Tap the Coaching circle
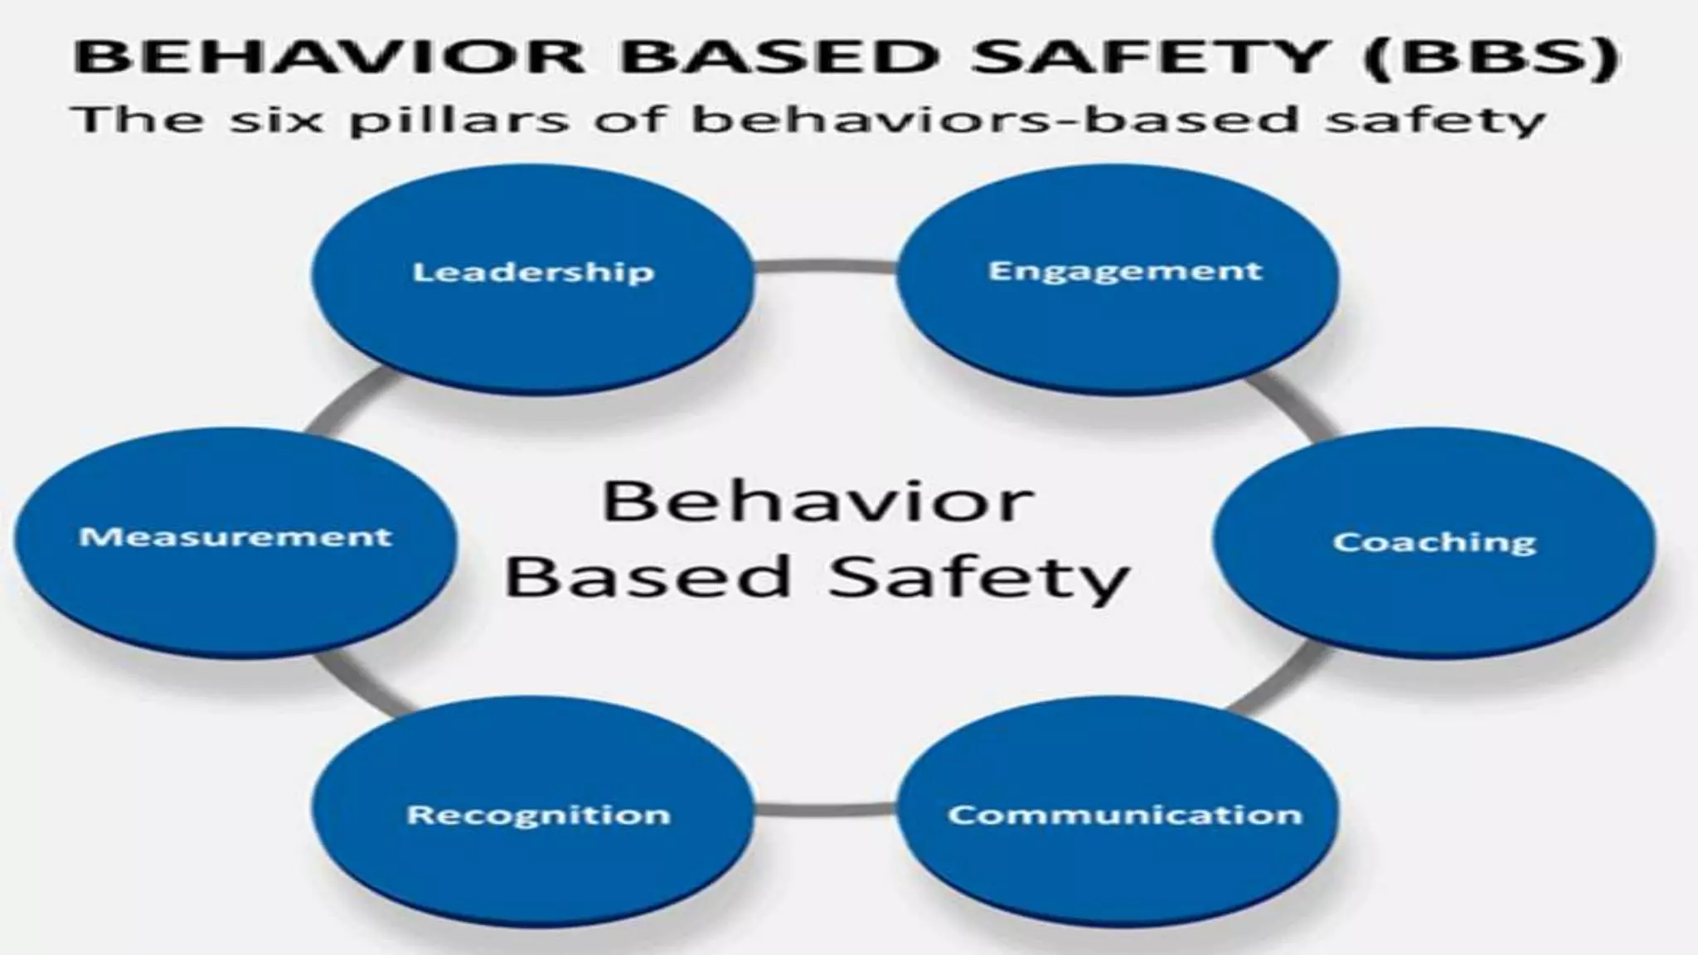click(1434, 543)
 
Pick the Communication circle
click(1119, 812)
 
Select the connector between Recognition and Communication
click(826, 808)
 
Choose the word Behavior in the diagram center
click(817, 502)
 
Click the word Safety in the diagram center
click(978, 577)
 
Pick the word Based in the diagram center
click(647, 577)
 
